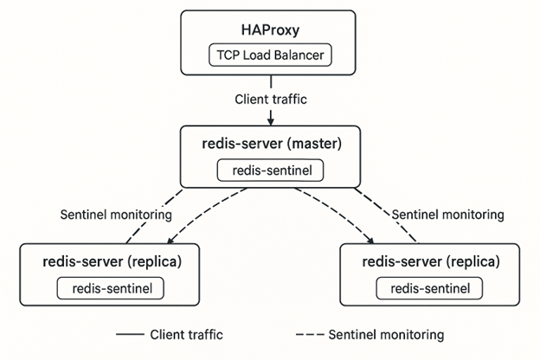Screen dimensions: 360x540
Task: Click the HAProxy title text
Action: [269, 29]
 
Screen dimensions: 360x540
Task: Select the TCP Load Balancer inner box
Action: [269, 56]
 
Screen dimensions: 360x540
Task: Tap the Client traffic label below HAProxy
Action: [270, 99]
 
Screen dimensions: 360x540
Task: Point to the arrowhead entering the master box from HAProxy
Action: [270, 121]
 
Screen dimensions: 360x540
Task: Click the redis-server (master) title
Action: [270, 144]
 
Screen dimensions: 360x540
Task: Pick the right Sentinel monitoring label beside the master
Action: [447, 214]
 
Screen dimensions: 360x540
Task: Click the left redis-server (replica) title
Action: [109, 260]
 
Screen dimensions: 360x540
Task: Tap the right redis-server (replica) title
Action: [431, 260]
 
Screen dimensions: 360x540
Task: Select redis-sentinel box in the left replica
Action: [109, 287]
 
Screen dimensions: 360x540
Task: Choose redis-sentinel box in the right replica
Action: [431, 287]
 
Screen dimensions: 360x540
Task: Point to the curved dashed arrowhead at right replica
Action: [372, 243]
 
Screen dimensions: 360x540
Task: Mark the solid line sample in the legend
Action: [129, 334]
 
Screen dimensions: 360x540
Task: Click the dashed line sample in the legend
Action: [310, 334]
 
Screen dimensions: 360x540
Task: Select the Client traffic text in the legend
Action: [186, 334]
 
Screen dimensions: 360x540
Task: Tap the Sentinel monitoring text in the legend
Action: [386, 334]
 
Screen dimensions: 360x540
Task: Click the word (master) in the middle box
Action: [319, 144]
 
